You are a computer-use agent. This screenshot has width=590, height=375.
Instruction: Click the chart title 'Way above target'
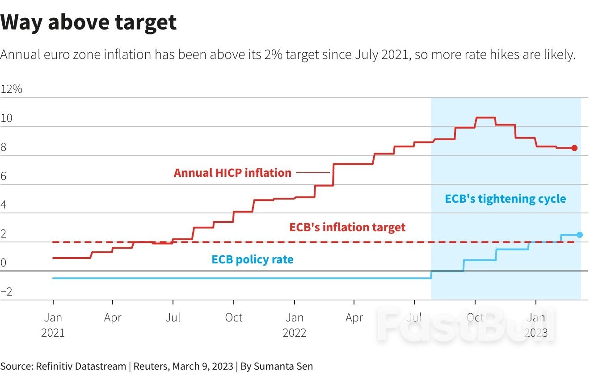88,22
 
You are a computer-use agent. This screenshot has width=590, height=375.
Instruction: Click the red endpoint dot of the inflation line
574,148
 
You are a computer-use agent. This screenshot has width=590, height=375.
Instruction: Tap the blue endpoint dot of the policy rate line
580,235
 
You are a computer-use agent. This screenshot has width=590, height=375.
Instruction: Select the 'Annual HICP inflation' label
232,173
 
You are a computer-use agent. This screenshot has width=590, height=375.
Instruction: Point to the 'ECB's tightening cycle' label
505,199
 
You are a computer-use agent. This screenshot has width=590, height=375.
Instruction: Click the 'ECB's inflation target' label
347,227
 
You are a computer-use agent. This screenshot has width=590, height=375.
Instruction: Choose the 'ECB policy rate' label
253,259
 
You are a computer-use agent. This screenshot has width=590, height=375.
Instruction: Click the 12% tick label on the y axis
12,89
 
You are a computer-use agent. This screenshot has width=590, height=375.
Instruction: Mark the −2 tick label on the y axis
6,292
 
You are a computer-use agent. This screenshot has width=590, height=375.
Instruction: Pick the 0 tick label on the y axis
4,263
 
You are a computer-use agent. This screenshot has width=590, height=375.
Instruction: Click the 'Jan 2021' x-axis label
53,325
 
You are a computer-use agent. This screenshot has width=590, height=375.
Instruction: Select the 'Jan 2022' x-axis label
294,325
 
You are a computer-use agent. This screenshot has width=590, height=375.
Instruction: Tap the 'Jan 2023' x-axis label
535,325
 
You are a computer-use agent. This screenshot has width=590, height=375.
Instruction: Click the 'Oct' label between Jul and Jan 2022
233,317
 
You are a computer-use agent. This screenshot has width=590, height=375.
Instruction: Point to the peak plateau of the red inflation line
485,117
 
